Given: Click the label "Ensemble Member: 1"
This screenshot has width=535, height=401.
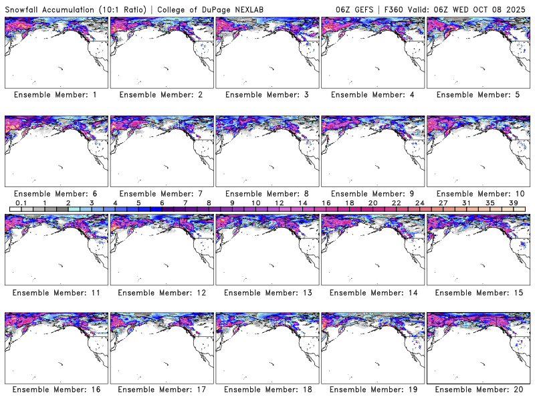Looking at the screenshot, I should point(55,95).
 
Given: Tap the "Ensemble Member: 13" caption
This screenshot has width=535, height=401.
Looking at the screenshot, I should point(266,292).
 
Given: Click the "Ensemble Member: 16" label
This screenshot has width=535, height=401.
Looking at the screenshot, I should point(55,389).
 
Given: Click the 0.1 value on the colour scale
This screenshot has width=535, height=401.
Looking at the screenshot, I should point(21,203).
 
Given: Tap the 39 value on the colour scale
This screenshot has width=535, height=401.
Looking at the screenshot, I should point(514,203).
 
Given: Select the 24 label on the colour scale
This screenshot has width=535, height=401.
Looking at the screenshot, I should point(419,203).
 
